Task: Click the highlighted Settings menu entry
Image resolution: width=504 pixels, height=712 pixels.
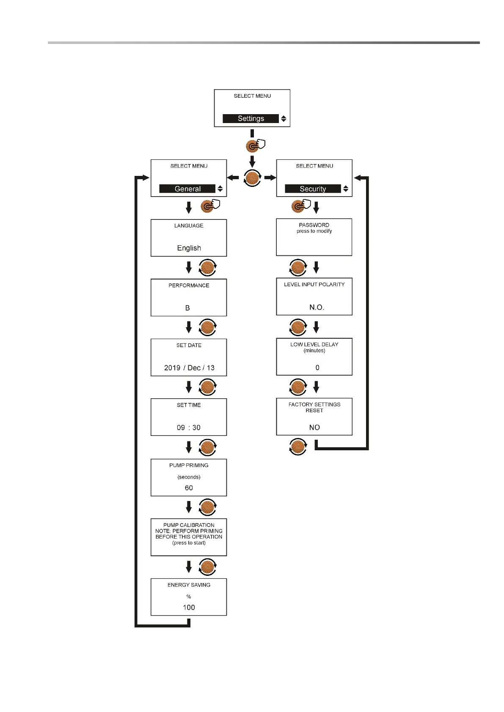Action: pos(251,119)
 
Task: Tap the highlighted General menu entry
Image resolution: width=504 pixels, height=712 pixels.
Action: pos(187,189)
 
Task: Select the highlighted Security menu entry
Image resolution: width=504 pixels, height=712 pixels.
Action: pos(313,189)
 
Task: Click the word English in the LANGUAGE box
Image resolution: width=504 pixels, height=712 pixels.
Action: pos(189,248)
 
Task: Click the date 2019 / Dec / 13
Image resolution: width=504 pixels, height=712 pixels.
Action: pos(189,368)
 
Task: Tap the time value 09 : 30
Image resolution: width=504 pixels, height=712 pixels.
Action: pos(189,428)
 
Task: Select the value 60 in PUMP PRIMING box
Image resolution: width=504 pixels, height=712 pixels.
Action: pos(189,488)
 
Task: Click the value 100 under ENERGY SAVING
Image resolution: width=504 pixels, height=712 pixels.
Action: pos(189,608)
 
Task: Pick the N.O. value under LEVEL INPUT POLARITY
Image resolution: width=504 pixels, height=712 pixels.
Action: pos(317,307)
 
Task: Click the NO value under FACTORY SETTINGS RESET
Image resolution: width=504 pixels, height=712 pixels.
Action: pos(314,427)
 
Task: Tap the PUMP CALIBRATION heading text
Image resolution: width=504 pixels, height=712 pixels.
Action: pos(189,525)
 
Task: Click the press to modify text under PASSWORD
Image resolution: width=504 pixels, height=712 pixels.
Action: pos(314,231)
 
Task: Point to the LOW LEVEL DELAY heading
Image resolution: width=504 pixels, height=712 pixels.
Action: pos(314,345)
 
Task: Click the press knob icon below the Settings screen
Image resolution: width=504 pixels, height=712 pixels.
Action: pos(253,146)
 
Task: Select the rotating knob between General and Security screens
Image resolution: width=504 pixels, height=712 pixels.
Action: pos(252,178)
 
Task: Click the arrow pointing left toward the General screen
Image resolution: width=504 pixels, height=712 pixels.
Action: pos(233,178)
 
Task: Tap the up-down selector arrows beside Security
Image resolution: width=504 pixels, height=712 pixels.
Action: pos(346,189)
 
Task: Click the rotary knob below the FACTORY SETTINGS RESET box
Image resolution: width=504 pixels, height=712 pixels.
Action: pos(298,446)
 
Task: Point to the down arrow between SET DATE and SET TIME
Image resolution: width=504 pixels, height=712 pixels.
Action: pos(189,387)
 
